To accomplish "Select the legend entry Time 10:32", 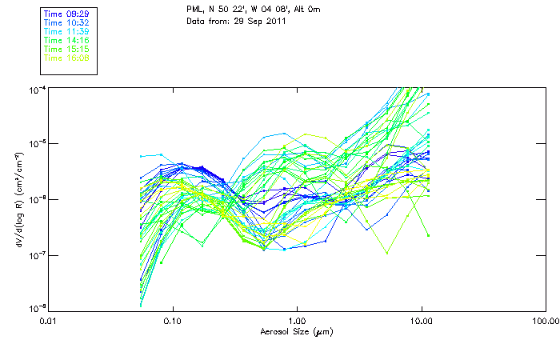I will coord(65,23).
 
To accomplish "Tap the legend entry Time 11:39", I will coord(65,31).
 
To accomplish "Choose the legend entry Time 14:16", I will coord(65,40).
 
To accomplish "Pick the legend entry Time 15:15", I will coord(65,49).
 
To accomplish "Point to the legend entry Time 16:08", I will coord(65,58).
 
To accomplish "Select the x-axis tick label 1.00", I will coord(297,321).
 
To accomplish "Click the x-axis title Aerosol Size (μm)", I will coord(296,330).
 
